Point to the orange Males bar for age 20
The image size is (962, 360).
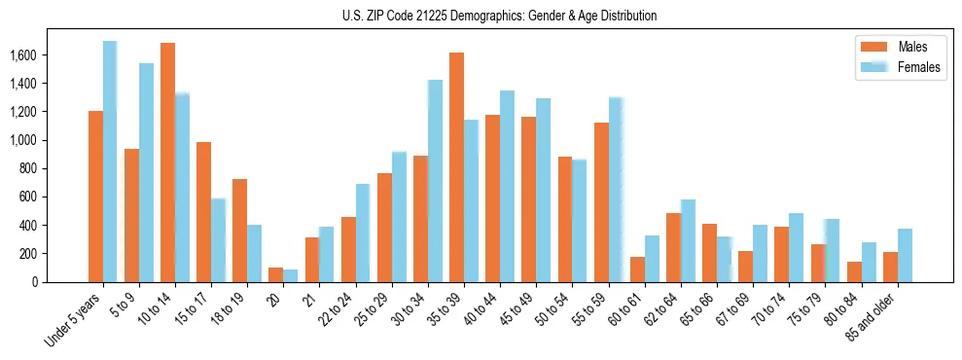click(x=275, y=274)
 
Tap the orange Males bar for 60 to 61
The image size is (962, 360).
click(x=637, y=270)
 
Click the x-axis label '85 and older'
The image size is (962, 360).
click(x=871, y=317)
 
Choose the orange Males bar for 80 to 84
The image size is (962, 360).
click(x=854, y=271)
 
